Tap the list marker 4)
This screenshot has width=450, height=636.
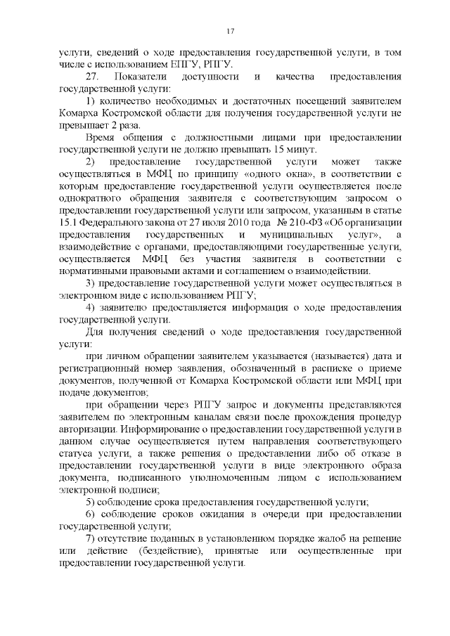pyautogui.click(x=91, y=306)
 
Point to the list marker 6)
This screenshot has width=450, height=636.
pyautogui.click(x=91, y=514)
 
